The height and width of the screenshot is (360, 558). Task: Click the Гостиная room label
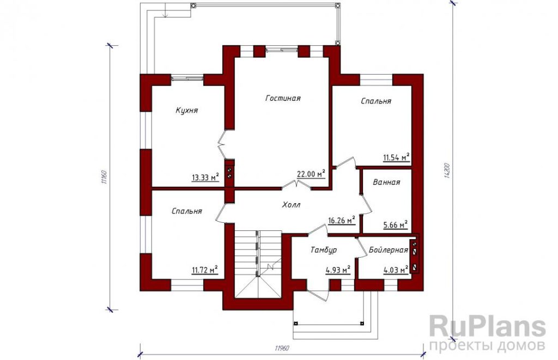[x=283, y=98]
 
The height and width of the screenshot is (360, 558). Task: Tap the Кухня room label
[x=187, y=110]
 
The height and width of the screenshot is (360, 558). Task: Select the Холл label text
[x=291, y=205]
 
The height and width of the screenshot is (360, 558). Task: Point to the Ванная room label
[x=386, y=182]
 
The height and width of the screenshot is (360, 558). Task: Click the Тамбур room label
[x=324, y=250]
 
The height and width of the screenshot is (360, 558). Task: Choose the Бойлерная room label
[x=388, y=250]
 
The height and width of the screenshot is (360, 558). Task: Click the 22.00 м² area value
[x=312, y=174]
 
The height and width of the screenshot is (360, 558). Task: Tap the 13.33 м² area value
[x=205, y=177]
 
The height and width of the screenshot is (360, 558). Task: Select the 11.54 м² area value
[x=396, y=157]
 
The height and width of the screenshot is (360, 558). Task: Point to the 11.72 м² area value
[x=205, y=271]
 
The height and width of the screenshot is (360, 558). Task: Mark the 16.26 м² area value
[x=342, y=220]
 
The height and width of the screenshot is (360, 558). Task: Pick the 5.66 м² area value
[x=396, y=225]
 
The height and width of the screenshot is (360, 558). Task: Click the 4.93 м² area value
[x=338, y=271]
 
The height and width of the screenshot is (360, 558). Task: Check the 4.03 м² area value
[x=396, y=271]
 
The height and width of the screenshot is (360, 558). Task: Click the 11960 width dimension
[x=282, y=348]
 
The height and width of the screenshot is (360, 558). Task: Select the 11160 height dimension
[x=104, y=178]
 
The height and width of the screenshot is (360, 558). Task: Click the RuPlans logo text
[x=488, y=327]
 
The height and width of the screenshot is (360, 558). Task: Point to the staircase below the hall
[x=258, y=265]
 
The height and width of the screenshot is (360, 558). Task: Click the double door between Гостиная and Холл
[x=297, y=185]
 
